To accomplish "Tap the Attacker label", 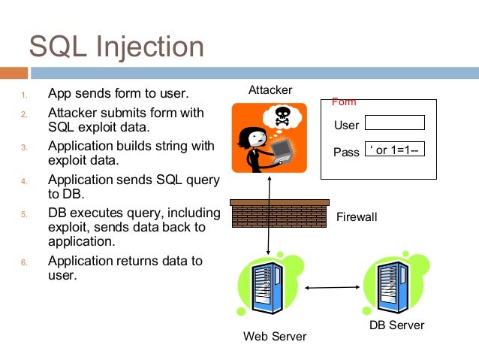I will (x=270, y=90).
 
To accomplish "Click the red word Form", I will (x=344, y=101).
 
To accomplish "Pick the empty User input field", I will (x=394, y=123).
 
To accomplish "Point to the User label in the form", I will (x=346, y=126).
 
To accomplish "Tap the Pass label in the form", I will (x=346, y=152).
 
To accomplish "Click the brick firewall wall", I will (x=279, y=213).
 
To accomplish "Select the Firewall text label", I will (x=357, y=217).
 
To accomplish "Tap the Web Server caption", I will (x=275, y=337).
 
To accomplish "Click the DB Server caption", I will (x=396, y=325).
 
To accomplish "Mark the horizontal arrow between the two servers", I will (x=330, y=286).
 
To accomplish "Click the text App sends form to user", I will (x=118, y=94).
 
